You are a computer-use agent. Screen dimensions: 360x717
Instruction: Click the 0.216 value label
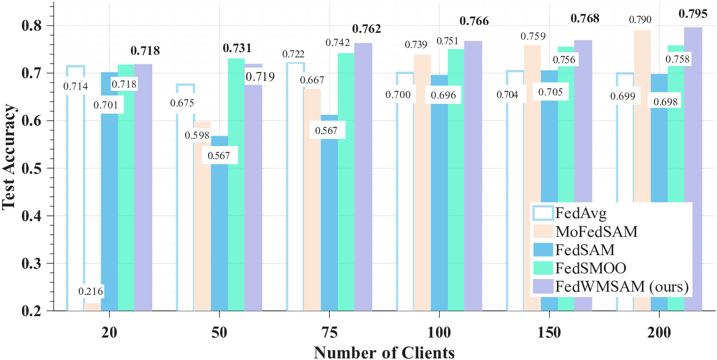click(91, 291)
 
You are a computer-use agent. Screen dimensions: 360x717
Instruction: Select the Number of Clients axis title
click(384, 352)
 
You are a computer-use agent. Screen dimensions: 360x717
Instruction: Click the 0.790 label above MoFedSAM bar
click(642, 20)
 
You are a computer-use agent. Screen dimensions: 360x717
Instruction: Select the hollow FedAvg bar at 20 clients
click(76, 209)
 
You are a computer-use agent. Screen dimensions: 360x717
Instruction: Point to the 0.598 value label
click(196, 135)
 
